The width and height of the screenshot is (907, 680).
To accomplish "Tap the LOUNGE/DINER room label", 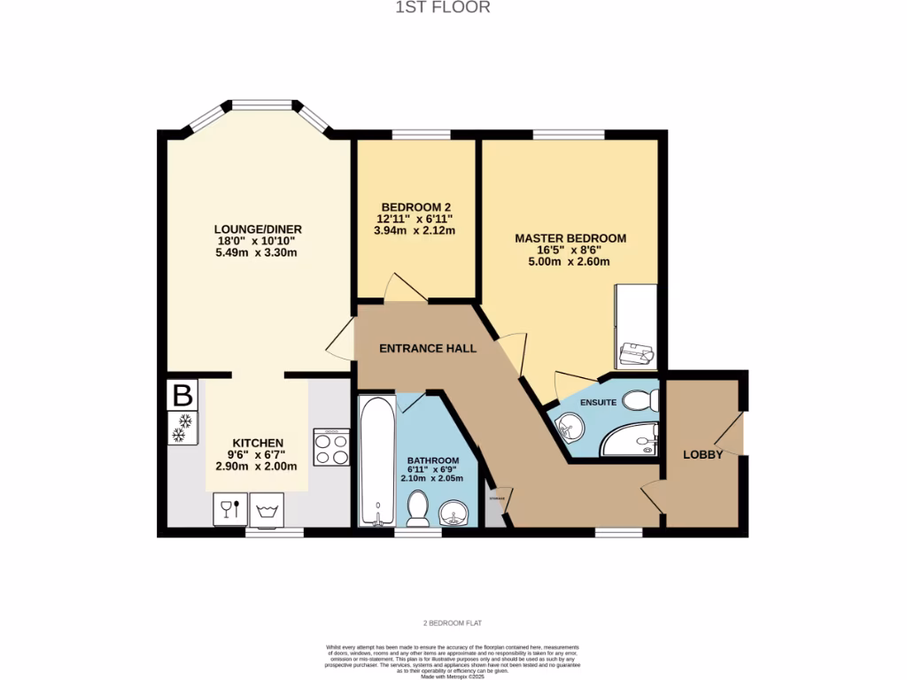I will pos(257,229).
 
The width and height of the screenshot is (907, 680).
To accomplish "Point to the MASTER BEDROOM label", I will pos(570,238).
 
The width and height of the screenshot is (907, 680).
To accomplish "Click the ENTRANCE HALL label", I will pos(428,348).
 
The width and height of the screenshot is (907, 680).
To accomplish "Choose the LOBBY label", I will pos(702,454).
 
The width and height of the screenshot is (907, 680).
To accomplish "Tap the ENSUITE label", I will pos(599,402).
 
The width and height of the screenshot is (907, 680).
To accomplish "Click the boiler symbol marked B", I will pos(182,395).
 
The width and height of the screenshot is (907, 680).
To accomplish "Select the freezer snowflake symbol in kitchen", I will pos(182,428).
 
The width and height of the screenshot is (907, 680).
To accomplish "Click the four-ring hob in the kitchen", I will pos(332,447).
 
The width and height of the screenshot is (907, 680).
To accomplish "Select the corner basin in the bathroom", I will pos(457,513).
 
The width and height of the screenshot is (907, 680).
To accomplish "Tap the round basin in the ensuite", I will pos(570,431).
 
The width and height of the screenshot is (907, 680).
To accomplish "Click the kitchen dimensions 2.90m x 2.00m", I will pos(257,467).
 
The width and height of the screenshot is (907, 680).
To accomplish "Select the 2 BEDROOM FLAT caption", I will pos(453,623).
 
